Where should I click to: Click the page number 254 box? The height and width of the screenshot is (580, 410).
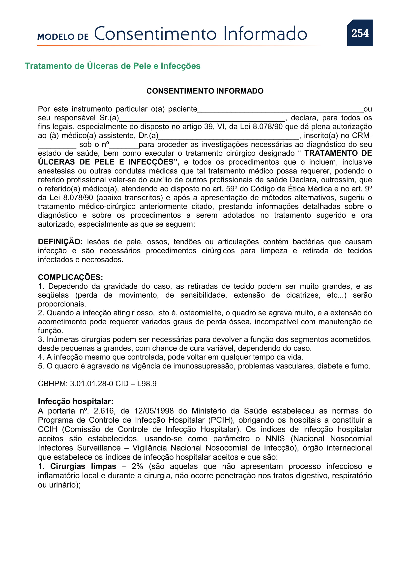tap(359, 33)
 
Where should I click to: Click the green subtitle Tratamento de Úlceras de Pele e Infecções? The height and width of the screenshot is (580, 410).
tap(112, 66)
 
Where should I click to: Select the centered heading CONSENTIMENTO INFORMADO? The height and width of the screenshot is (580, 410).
tap(205, 91)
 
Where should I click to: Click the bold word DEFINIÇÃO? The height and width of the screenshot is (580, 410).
tap(60, 242)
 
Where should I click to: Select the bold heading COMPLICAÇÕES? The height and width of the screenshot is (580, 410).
tap(70, 277)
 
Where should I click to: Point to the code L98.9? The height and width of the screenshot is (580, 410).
tap(147, 384)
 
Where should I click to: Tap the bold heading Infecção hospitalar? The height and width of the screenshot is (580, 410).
tap(76, 401)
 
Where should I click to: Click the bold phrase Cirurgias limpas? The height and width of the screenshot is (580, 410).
tap(83, 466)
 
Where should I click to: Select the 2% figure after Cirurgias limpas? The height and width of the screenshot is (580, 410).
tap(137, 466)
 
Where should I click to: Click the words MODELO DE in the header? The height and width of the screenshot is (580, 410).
tap(63, 37)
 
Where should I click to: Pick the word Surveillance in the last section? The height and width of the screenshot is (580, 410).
tap(99, 448)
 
